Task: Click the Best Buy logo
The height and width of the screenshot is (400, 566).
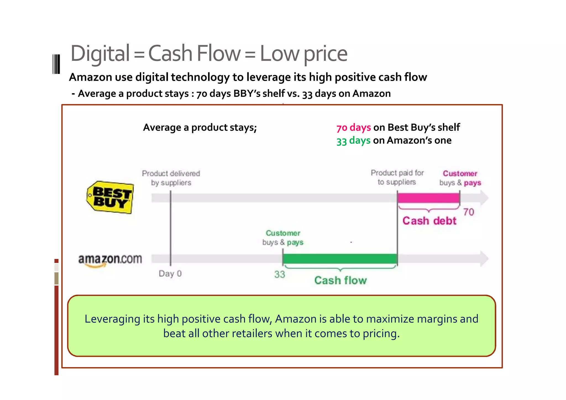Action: (x=110, y=197)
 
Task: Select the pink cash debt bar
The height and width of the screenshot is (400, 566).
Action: (x=428, y=198)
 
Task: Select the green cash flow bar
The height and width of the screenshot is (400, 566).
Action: (x=340, y=259)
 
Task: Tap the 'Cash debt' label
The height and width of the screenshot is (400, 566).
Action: (x=429, y=221)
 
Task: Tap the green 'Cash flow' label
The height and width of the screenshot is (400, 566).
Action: (x=340, y=280)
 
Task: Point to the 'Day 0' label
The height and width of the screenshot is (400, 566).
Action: (x=170, y=274)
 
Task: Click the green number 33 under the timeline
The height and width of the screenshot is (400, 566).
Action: (x=279, y=274)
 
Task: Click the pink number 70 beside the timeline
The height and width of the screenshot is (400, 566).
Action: (x=468, y=212)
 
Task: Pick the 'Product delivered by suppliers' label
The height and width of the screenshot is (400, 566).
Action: (x=171, y=178)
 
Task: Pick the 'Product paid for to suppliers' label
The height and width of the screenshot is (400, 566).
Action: (x=397, y=177)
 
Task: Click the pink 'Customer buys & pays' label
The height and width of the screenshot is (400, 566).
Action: (x=460, y=178)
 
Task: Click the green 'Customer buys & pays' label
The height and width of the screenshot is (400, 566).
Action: (x=283, y=237)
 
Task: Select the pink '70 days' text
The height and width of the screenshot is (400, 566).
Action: (x=353, y=127)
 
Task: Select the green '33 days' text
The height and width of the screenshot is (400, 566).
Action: (x=353, y=140)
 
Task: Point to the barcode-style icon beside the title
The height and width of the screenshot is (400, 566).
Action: (x=56, y=64)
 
